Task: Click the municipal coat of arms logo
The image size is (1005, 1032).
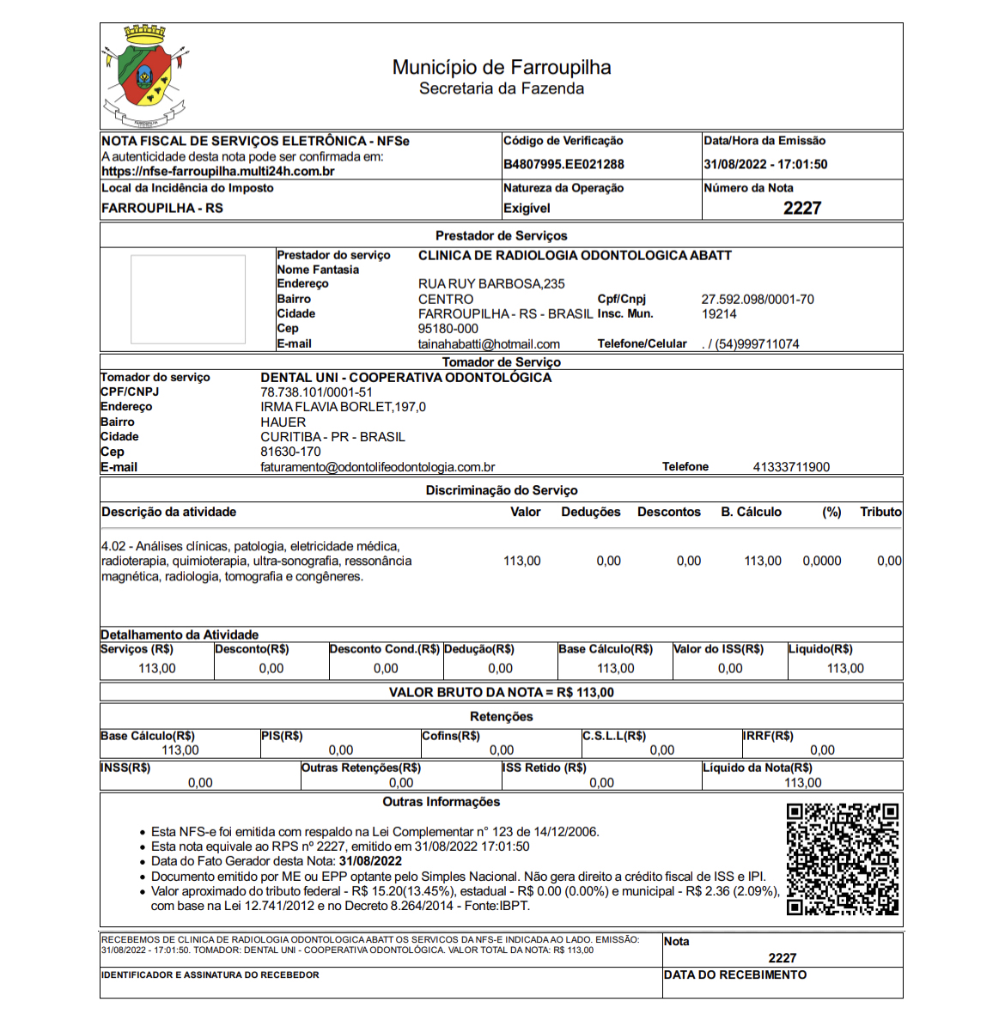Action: tap(145, 76)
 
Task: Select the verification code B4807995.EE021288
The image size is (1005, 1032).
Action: tap(563, 164)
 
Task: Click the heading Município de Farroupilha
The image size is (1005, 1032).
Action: tap(502, 67)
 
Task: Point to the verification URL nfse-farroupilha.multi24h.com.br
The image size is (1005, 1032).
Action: tap(218, 172)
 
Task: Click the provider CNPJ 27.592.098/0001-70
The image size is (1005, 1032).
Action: tap(758, 300)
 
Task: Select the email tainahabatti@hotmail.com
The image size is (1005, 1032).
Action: tap(489, 344)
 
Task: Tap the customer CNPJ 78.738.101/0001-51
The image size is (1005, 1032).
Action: tap(316, 392)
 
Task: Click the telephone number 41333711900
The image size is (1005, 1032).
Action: tap(791, 467)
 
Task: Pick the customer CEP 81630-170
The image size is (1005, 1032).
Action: tap(290, 452)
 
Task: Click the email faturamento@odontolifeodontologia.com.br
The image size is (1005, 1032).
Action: tap(378, 468)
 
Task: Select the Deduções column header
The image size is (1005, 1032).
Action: tap(591, 512)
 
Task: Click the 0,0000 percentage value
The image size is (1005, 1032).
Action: tap(822, 561)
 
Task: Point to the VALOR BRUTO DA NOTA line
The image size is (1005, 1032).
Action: tap(502, 692)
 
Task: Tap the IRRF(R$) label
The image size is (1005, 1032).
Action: tap(769, 736)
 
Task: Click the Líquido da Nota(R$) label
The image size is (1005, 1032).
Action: tap(757, 768)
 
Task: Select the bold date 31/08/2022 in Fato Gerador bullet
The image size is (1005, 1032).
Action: tap(370, 861)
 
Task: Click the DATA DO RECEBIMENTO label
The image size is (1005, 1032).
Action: tap(735, 974)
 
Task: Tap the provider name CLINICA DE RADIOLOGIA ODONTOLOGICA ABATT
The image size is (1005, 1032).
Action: tap(575, 256)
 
